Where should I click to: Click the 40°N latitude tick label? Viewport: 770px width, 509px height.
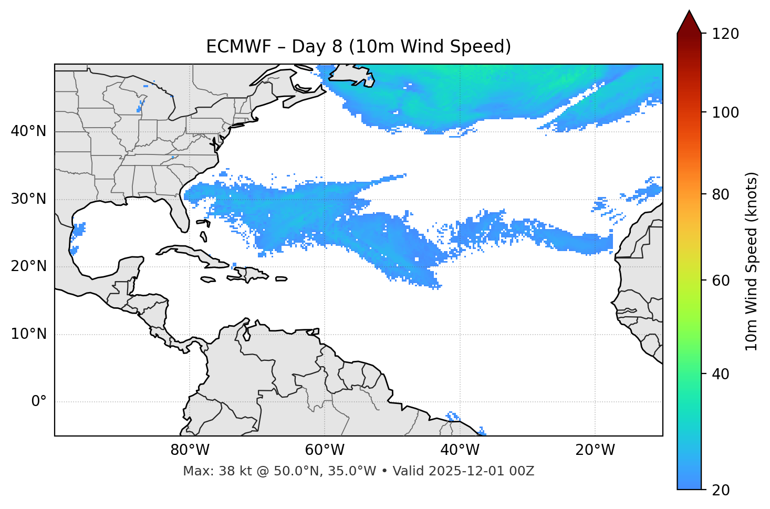[28, 131]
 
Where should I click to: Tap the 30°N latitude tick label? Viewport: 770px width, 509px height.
[28, 199]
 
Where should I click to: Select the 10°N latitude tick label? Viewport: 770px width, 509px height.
[28, 334]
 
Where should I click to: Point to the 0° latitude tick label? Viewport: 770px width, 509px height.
[38, 402]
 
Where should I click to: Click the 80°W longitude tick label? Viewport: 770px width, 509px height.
[190, 450]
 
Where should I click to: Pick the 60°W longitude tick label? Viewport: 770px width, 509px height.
[325, 450]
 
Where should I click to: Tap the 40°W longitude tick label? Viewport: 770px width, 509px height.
[460, 450]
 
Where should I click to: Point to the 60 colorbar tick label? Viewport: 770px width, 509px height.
[720, 281]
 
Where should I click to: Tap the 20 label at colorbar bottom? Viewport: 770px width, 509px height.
[720, 490]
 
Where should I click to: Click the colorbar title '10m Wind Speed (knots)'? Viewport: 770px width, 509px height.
[752, 261]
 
